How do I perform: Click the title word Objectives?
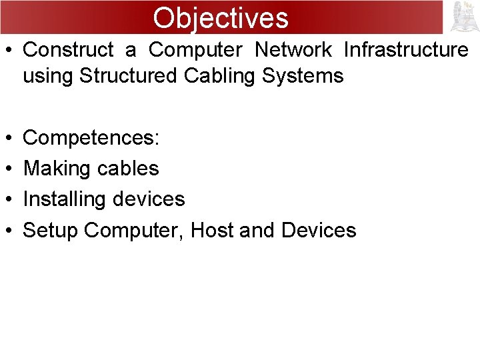[221, 17]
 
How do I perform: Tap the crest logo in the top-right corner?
[465, 17]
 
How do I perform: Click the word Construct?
[69, 50]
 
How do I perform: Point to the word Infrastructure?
[406, 50]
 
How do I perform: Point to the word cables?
[128, 169]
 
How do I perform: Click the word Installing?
[65, 199]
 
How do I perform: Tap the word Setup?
[51, 231]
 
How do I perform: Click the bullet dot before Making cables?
[9, 169]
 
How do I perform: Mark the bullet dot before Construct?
[9, 51]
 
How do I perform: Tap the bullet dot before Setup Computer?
[9, 231]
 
